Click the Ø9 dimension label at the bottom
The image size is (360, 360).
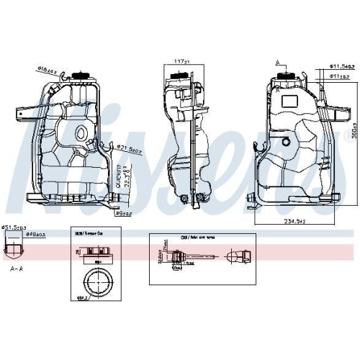click(x=127, y=212)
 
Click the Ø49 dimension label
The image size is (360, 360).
click(x=35, y=233)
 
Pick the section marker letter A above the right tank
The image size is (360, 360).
click(x=276, y=63)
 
